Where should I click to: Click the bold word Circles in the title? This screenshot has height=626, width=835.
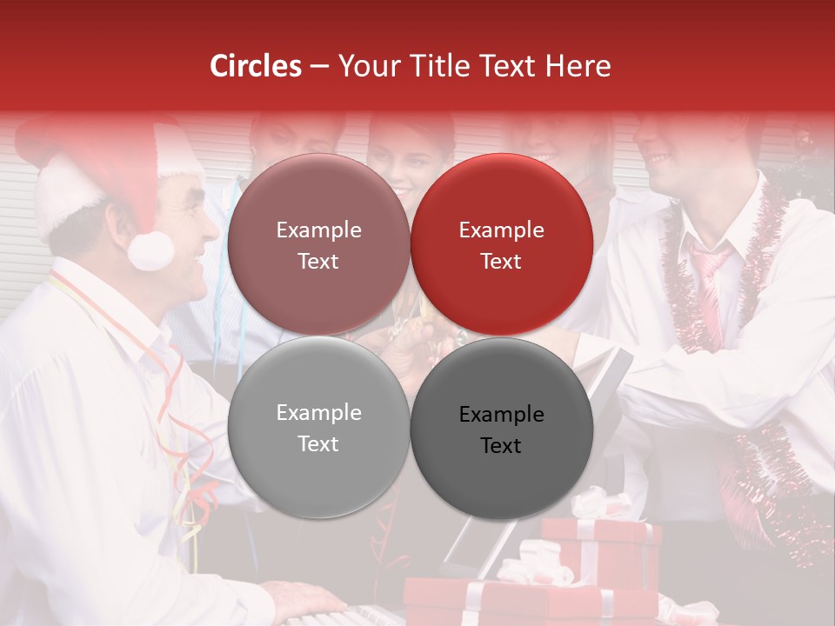[256, 66]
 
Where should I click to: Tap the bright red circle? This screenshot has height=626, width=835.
[502, 244]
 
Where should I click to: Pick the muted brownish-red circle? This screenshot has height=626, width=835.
[318, 244]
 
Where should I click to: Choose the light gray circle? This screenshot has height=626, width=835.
[318, 428]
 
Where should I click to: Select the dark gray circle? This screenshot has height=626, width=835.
[502, 429]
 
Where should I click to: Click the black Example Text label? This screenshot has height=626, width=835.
[502, 430]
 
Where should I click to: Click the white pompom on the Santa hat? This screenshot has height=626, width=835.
[150, 250]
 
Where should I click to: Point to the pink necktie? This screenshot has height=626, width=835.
[709, 287]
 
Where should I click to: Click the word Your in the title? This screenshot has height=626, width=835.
[369, 66]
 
